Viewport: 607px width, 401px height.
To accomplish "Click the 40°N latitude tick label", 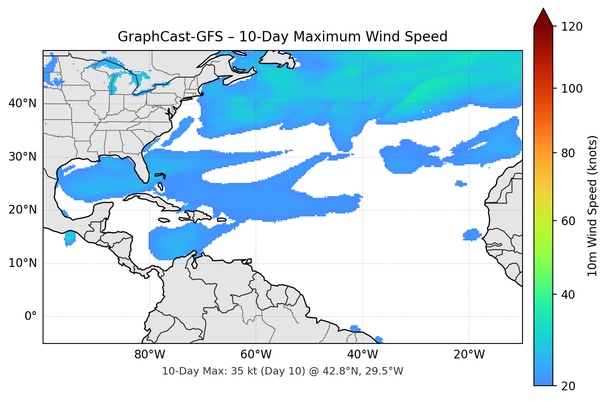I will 22,103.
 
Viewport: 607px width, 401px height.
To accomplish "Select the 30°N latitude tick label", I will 22,157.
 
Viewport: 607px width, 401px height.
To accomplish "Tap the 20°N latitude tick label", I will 22,210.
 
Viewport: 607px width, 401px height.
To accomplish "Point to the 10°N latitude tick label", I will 22,263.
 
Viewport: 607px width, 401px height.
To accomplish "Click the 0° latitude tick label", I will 30,317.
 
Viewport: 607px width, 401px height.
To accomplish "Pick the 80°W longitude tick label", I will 149,355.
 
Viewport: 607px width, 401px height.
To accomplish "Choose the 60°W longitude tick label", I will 256,355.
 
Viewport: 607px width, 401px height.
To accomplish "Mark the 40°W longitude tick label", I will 362,355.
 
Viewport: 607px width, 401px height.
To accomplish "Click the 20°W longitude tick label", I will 469,355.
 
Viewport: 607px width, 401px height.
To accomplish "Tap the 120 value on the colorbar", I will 572,27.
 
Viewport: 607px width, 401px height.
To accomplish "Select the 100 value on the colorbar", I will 572,89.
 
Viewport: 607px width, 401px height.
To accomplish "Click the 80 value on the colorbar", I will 568,153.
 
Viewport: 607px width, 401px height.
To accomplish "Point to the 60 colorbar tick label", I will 568,221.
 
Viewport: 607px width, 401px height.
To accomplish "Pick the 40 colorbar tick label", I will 568,295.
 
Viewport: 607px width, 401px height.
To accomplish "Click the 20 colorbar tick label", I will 568,386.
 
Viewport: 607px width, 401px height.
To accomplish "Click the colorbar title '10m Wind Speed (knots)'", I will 593,206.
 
